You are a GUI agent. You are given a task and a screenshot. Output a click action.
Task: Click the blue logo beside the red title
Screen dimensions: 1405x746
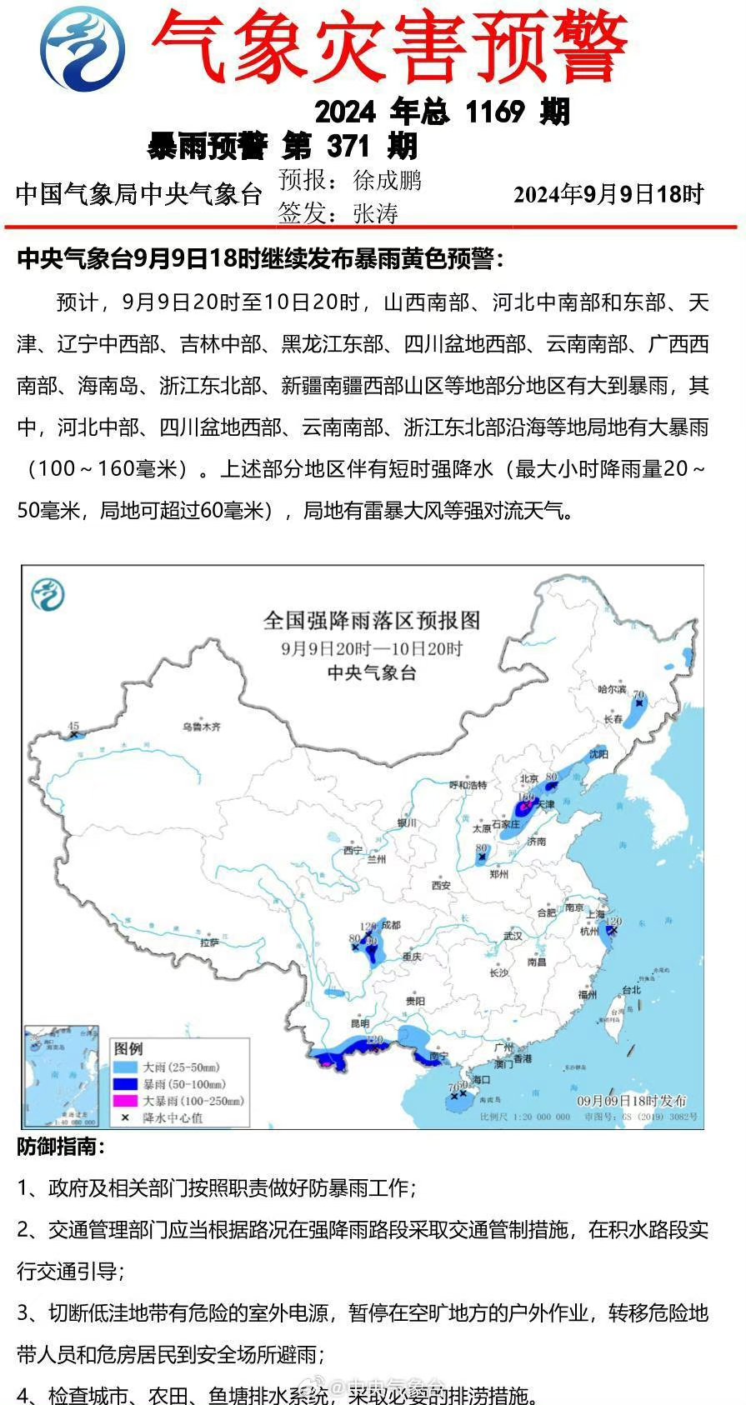[x=84, y=47]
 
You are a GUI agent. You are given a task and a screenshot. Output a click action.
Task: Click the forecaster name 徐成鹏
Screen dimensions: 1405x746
[x=387, y=180]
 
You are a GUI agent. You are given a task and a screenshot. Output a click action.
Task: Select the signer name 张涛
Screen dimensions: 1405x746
[x=376, y=213]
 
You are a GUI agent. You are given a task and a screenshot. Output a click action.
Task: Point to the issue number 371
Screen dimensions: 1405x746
[x=348, y=147]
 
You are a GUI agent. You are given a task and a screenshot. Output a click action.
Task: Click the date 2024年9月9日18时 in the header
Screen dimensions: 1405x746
[x=608, y=194]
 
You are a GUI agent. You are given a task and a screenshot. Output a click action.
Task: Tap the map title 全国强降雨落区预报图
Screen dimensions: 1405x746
[x=372, y=621]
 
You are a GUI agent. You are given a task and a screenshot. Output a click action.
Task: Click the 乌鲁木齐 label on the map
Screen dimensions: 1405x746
[x=203, y=727]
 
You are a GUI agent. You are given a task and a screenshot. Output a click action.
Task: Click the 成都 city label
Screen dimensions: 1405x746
[x=390, y=925]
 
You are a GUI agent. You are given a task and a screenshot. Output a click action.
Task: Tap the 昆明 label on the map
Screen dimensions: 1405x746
[x=360, y=1022]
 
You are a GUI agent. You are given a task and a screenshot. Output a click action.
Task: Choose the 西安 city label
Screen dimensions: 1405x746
[x=440, y=886]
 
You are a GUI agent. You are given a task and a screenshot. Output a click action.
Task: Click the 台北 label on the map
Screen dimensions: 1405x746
[x=631, y=990]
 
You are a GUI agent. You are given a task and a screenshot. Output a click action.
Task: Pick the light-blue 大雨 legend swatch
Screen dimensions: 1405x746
[x=125, y=1067]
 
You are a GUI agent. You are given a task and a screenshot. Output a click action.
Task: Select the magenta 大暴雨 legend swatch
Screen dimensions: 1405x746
[x=125, y=1101]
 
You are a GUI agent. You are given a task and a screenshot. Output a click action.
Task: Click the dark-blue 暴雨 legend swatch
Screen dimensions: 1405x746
[x=125, y=1084]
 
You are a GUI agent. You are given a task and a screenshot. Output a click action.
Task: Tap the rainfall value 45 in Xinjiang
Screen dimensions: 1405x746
[x=73, y=726]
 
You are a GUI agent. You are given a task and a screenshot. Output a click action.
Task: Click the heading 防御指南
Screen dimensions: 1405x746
[x=61, y=1147]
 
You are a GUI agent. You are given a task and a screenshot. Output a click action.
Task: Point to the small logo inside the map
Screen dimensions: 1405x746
[x=48, y=595]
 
